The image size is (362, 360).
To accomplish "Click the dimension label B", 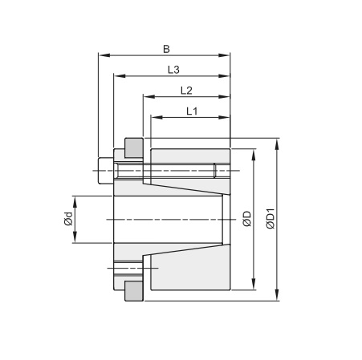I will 166,49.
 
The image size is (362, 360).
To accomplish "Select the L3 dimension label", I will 173,71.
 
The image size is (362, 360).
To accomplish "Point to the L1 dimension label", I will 192,111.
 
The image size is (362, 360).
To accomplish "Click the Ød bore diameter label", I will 70,219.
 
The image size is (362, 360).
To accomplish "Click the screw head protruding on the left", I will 102,170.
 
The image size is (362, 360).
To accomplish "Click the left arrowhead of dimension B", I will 102,56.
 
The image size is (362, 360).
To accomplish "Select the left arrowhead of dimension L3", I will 117,77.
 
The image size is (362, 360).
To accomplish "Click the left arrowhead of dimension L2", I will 147,97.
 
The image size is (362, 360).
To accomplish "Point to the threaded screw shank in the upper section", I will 169,170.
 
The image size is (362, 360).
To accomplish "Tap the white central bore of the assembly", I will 169,219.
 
